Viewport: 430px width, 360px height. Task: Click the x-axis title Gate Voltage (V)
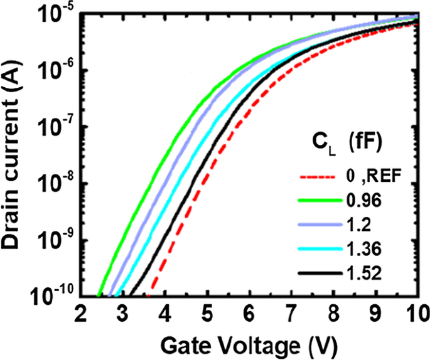click(248, 344)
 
